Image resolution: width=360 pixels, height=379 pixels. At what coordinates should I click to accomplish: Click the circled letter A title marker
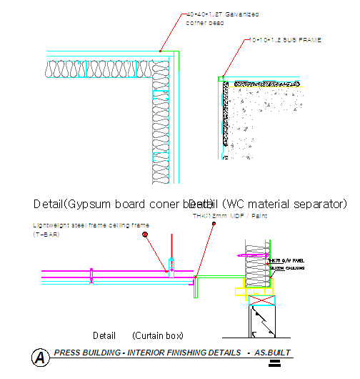pyautogui.click(x=41, y=356)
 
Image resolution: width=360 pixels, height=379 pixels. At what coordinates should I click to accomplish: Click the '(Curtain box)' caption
pyautogui.click(x=158, y=335)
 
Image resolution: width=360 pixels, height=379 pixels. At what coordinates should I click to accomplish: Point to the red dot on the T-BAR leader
pyautogui.click(x=145, y=234)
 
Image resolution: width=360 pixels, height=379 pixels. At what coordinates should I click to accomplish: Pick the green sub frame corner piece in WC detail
pyautogui.click(x=223, y=77)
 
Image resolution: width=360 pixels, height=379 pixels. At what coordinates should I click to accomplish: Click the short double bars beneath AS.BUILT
pyautogui.click(x=273, y=363)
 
